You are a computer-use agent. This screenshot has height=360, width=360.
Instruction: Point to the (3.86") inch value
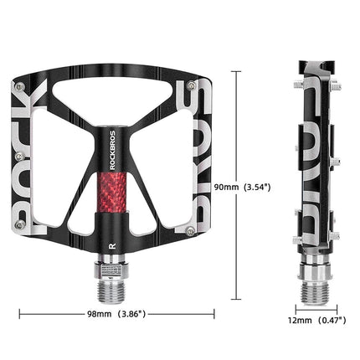[x=131, y=315]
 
